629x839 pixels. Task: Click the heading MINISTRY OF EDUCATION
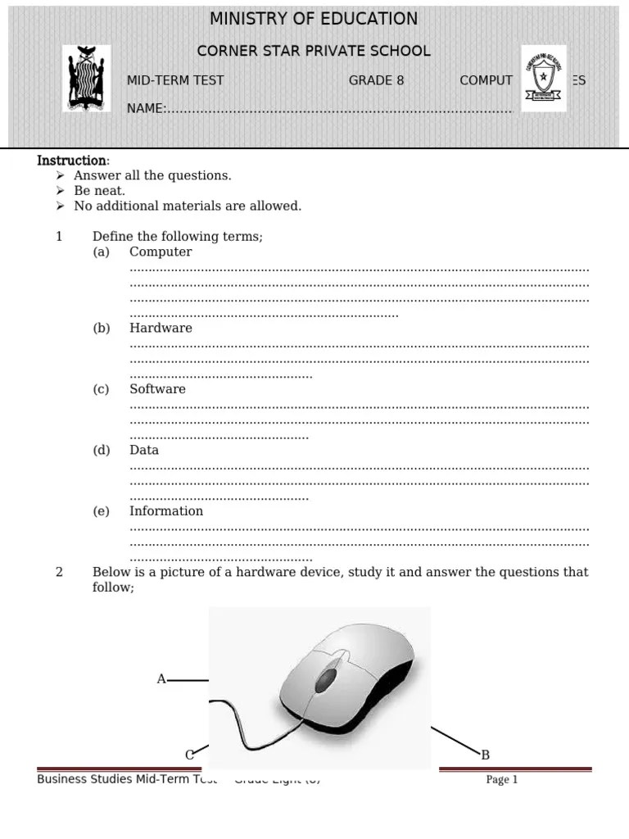pos(314,19)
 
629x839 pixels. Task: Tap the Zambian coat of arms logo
pos(86,79)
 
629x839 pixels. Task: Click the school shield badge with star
pos(543,79)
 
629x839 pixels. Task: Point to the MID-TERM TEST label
pos(175,80)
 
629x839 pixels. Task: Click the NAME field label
pos(146,108)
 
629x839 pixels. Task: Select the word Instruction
pos(72,161)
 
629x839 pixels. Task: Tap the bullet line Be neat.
pos(99,191)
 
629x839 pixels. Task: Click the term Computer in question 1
pos(161,252)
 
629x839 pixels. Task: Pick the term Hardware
pos(161,329)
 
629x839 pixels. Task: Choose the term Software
pos(157,389)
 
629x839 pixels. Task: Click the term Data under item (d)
pos(144,450)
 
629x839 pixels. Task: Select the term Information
pos(166,511)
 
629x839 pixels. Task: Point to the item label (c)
pos(101,389)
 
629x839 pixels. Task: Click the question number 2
pos(59,572)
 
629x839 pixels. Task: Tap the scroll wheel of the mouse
pos(326,678)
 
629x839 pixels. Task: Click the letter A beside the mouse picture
pos(161,679)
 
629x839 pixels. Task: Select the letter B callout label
pos(485,755)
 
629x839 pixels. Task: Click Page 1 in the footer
pos(502,780)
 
